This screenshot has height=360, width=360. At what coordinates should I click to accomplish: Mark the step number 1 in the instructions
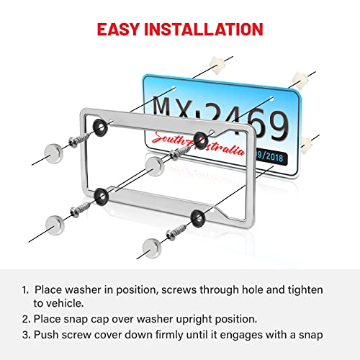[x=25, y=289]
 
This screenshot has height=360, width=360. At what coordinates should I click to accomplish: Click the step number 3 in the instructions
[x=25, y=334]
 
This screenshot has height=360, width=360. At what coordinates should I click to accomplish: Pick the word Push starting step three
[x=48, y=334]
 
